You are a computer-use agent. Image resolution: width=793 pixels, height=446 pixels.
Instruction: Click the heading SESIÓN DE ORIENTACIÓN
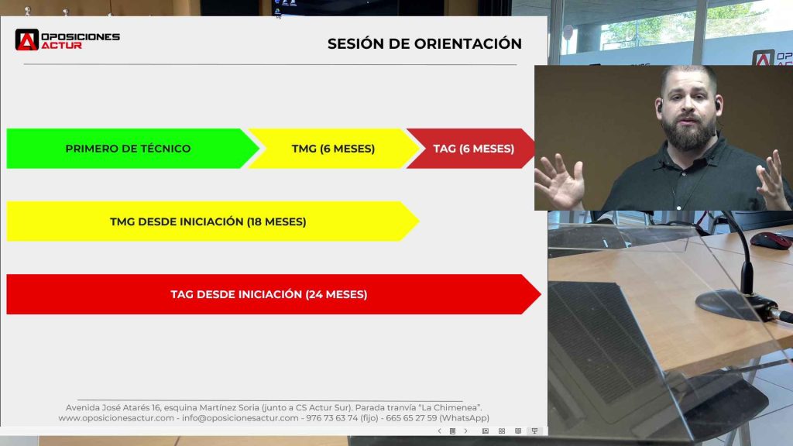[424, 44]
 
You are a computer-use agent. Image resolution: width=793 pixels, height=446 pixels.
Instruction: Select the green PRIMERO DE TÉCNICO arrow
[128, 149]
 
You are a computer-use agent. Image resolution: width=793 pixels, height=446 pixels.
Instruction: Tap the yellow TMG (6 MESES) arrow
[333, 149]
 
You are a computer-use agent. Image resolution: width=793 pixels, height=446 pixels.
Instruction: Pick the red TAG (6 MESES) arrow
[473, 149]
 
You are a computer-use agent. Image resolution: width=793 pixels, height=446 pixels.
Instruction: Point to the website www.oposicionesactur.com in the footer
[116, 418]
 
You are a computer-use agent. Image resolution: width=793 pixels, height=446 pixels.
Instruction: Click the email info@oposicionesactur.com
[239, 418]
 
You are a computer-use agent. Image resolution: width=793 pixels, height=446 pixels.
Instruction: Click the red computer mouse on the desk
[771, 240]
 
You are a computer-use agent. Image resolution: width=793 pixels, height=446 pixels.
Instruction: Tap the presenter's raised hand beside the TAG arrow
[558, 180]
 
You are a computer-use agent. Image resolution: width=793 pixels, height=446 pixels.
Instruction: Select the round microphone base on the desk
[731, 305]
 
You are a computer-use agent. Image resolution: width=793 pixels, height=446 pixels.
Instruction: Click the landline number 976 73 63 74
[331, 418]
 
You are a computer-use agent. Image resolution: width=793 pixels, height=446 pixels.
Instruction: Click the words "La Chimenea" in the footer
[460, 407]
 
